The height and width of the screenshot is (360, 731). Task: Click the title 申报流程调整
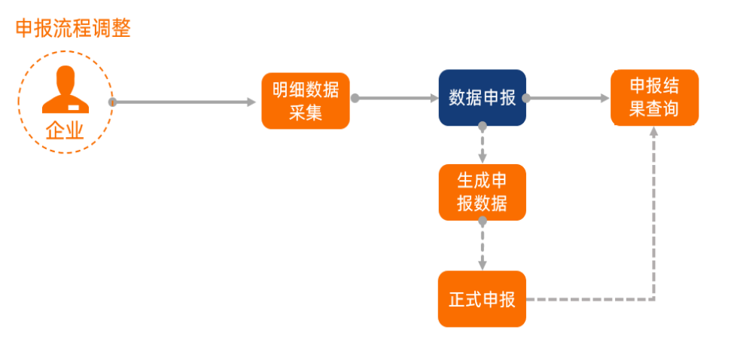73,29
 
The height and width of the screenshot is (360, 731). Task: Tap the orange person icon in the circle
65,90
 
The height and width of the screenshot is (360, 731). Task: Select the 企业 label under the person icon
65,131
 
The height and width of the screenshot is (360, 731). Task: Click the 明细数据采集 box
305,101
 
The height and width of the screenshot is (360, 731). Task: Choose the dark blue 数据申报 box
482,98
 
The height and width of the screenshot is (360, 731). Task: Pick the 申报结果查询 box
654,97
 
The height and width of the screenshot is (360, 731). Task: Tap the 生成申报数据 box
482,192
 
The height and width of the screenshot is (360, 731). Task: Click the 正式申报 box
482,299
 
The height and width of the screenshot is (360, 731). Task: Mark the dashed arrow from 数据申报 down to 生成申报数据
482,147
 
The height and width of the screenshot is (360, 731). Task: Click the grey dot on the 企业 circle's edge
112,102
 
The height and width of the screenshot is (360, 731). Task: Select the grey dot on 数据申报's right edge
526,98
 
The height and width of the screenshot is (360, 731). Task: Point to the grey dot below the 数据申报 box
482,129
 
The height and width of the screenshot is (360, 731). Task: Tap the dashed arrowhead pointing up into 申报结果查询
654,132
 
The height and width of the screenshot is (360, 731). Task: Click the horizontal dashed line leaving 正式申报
587,299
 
